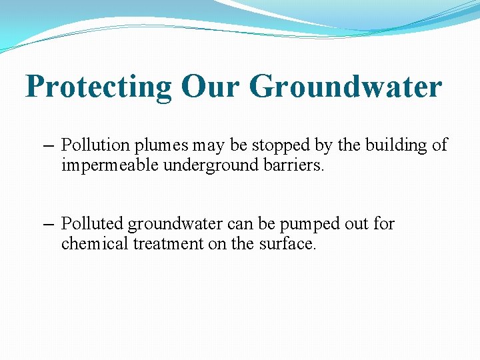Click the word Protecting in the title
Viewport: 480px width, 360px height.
pos(99,87)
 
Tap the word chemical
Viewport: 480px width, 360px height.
pos(91,244)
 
